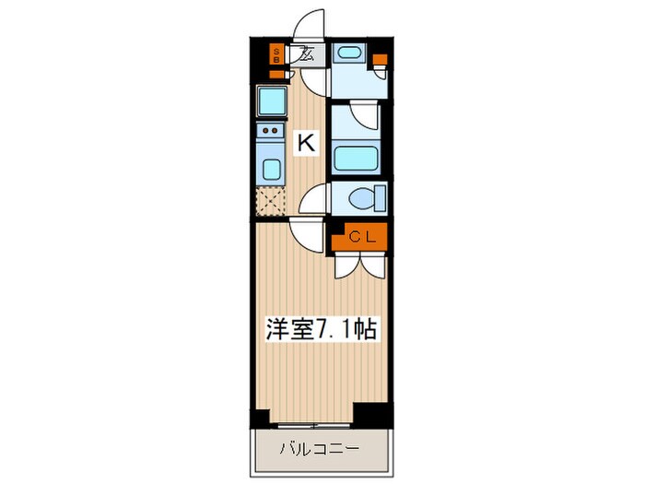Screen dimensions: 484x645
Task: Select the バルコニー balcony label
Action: click(320, 452)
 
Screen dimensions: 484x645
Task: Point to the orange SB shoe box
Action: click(276, 54)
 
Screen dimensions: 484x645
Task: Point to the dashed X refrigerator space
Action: click(270, 201)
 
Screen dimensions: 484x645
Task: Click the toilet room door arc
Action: click(317, 196)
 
